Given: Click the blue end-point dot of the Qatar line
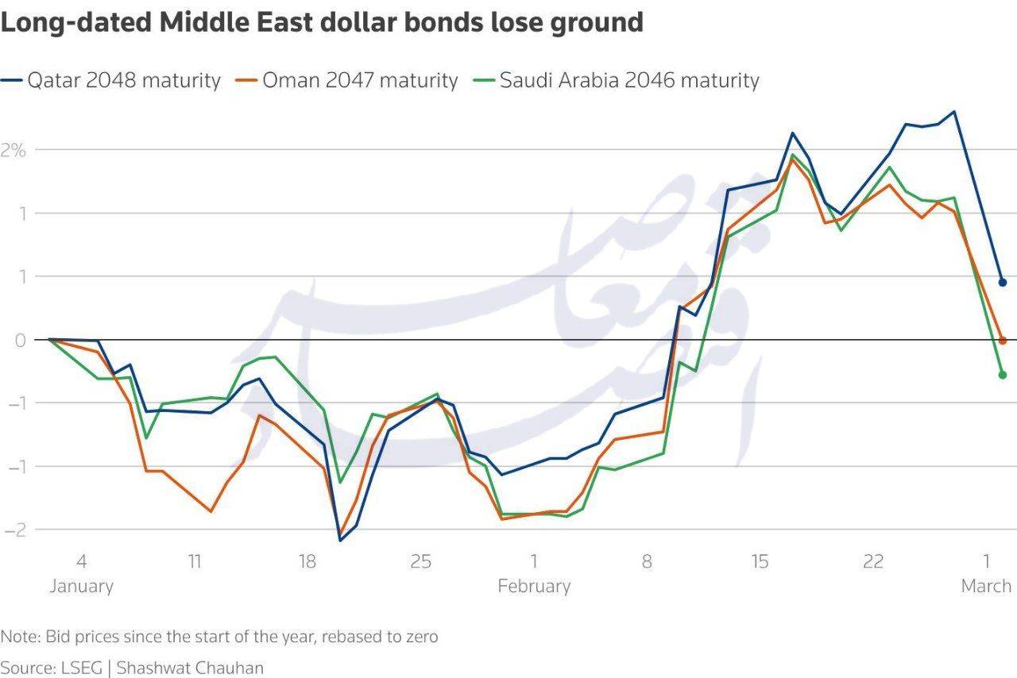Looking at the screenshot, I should pos(1003,283).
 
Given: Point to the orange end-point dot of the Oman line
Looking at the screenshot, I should pos(1003,341).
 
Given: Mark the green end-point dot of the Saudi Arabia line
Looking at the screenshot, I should pos(1003,375).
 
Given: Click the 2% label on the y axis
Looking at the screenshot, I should pos(14,149).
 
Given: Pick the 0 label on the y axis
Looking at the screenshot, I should pos(20,340).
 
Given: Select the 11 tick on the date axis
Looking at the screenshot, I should pos(195,562).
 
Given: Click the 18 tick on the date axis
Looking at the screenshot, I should pos(307,562).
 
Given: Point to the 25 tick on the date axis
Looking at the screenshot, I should pos(421,562).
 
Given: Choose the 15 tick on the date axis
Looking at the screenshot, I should pos(760,562).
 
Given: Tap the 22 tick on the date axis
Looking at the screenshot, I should pos(873,562).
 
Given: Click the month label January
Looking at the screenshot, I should pos(81,586).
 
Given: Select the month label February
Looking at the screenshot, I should pos(534,586).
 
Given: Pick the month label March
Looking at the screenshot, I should pos(986,586).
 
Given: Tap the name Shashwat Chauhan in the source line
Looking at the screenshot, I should pos(190,667).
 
